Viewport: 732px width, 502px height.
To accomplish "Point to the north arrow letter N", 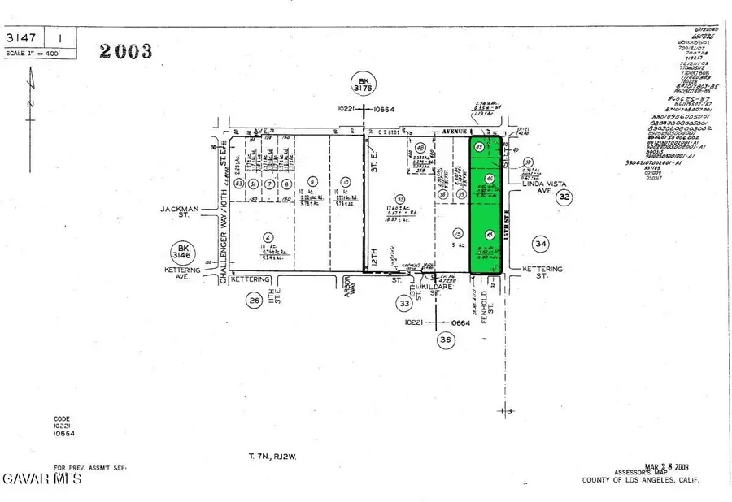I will [30, 104].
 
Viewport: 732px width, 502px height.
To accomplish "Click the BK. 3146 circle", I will [181, 252].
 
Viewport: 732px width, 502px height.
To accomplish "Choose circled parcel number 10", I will [346, 181].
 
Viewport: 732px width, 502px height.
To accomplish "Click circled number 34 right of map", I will [539, 242].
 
